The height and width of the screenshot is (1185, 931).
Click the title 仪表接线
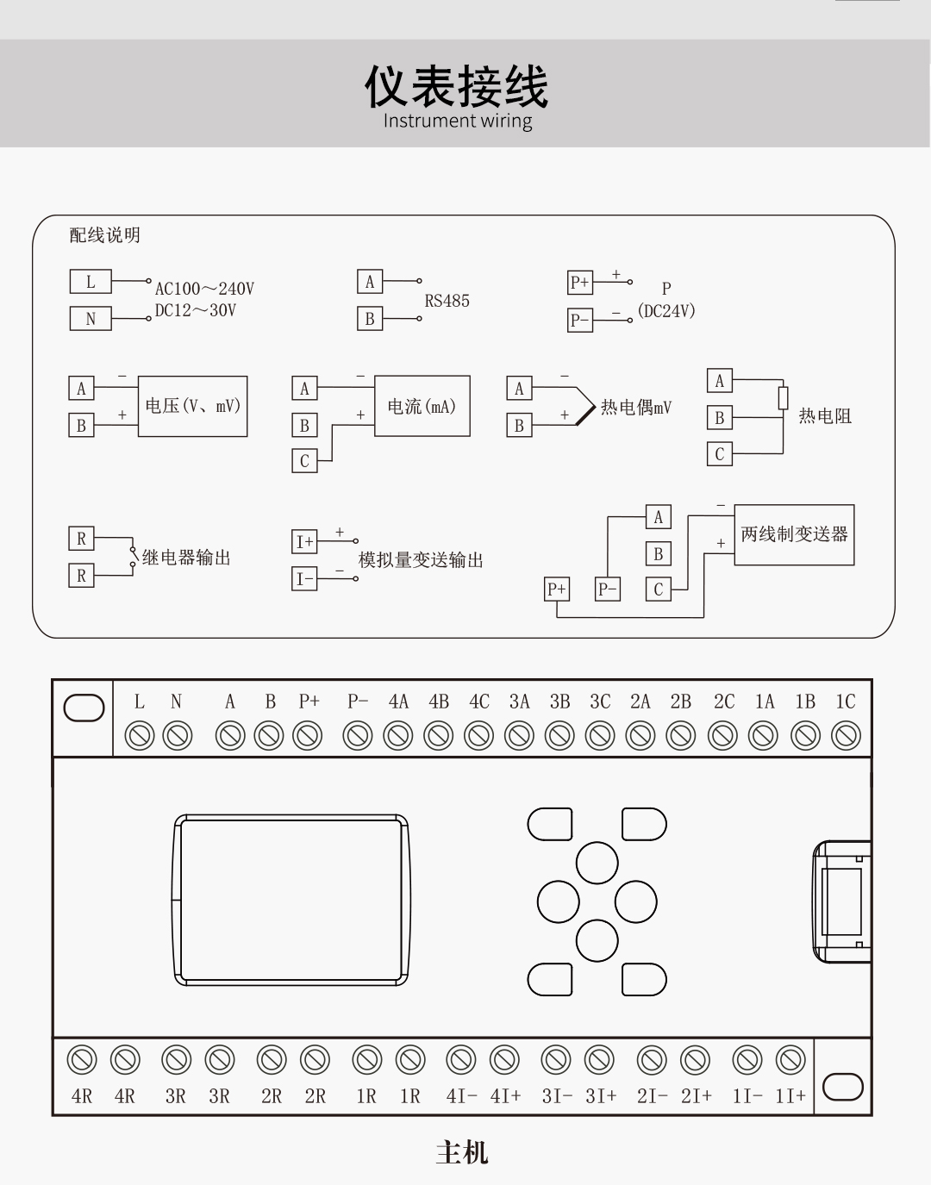click(x=456, y=86)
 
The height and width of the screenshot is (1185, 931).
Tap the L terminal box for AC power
click(x=91, y=282)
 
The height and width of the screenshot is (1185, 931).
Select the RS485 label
click(x=447, y=301)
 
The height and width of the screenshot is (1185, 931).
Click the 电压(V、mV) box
click(x=192, y=406)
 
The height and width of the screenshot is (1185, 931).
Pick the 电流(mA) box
click(x=422, y=406)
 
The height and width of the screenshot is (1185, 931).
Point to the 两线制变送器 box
click(x=794, y=534)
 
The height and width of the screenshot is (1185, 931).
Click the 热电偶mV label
click(x=635, y=407)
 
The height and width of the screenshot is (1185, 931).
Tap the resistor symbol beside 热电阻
click(x=783, y=397)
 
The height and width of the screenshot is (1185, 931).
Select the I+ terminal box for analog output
click(x=304, y=541)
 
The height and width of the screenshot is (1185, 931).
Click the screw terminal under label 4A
click(x=398, y=736)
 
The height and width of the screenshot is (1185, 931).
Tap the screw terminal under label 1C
click(x=846, y=736)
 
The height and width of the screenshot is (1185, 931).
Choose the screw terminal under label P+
click(x=308, y=736)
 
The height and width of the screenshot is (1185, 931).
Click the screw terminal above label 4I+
click(x=504, y=1060)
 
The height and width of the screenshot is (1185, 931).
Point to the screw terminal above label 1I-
click(x=747, y=1060)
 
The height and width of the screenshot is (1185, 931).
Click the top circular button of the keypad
click(x=597, y=863)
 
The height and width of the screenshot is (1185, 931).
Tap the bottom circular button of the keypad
click(x=597, y=940)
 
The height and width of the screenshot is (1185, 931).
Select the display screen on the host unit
click(x=291, y=900)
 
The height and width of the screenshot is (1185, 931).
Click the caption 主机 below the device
click(x=462, y=1152)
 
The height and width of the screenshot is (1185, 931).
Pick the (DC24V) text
click(x=666, y=311)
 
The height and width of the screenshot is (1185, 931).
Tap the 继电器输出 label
click(x=186, y=558)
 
